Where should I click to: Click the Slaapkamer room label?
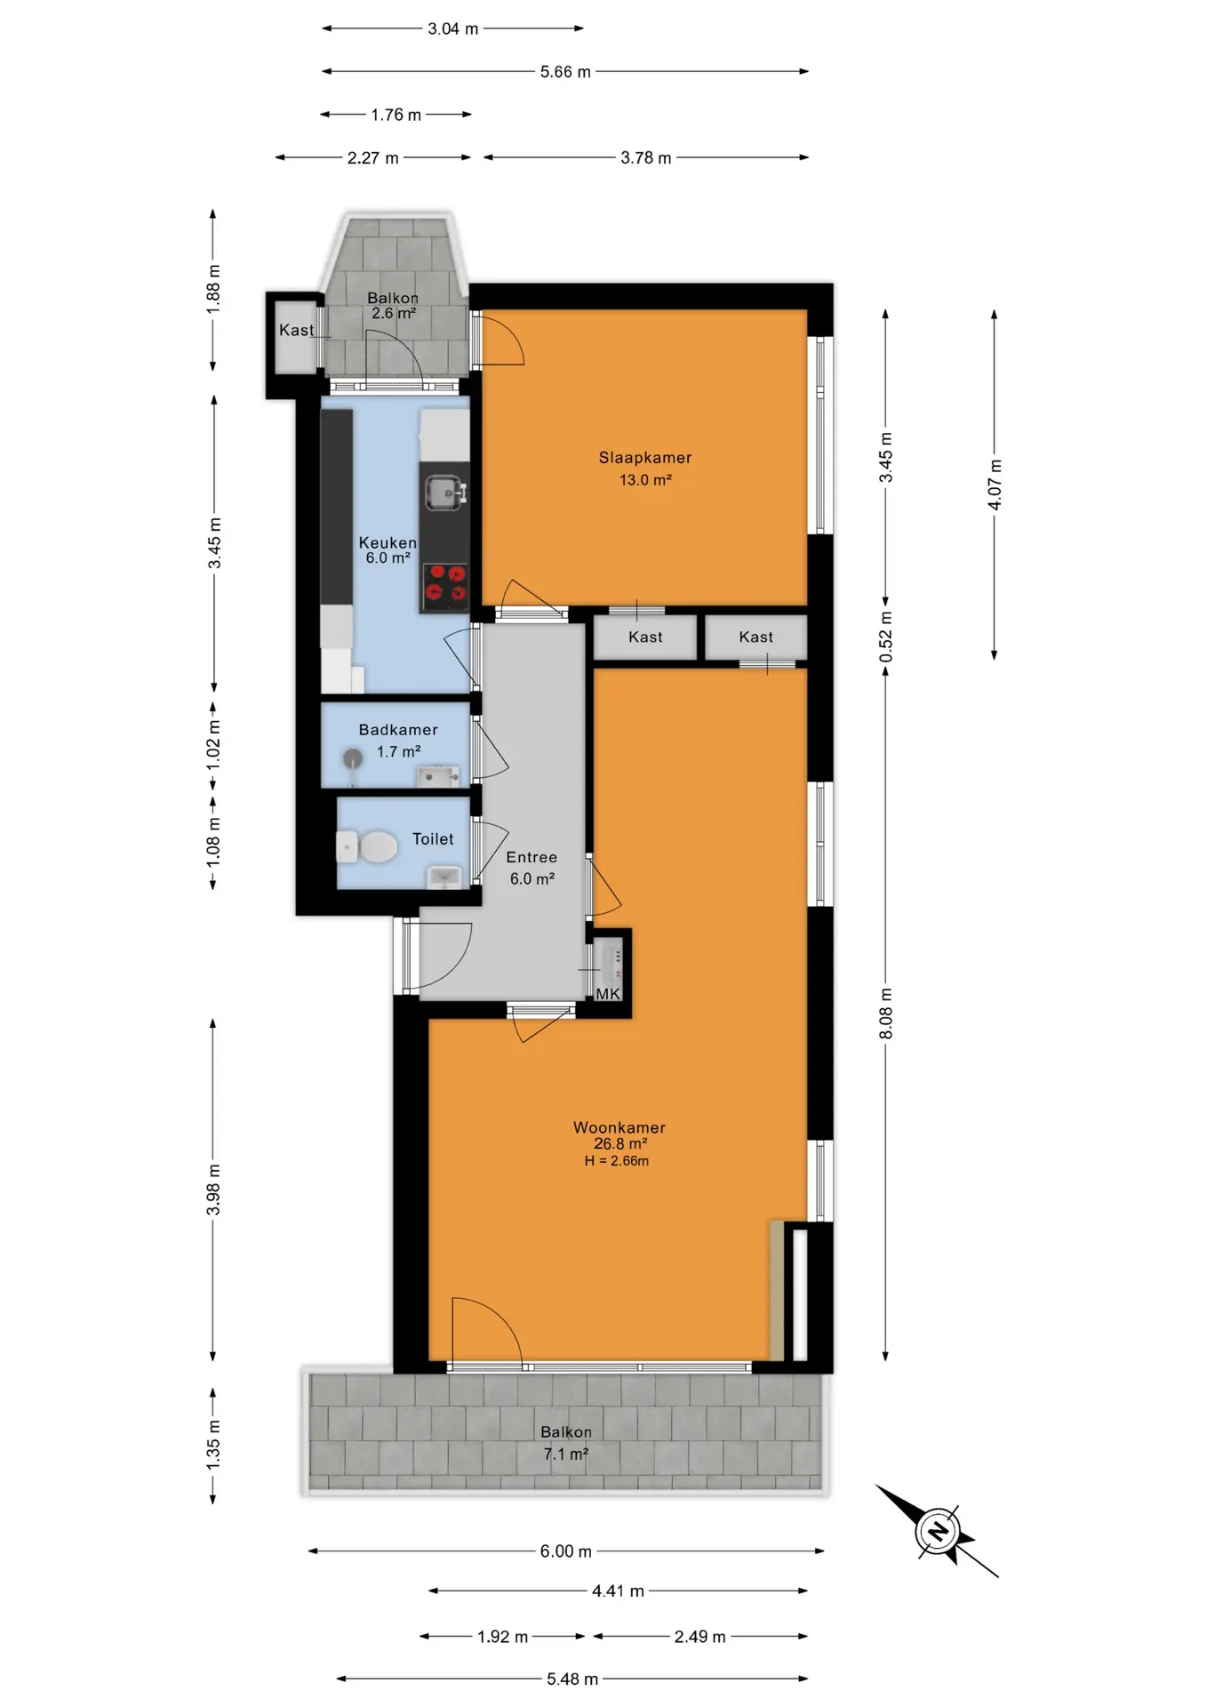pos(644,458)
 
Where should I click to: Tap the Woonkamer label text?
pos(619,1127)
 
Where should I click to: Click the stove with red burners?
pos(445,586)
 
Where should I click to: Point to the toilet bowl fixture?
pos(367,846)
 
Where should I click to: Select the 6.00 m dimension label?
pos(565,1551)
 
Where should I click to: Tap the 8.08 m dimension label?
pos(886,1014)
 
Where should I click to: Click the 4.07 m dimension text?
pos(995,485)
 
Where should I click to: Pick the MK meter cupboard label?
pos(608,994)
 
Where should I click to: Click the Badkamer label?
pos(398,730)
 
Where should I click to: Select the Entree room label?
pos(532,857)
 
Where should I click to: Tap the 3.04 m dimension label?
pos(452,28)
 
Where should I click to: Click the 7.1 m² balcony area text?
pos(565,1455)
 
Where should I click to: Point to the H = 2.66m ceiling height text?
pos(617,1161)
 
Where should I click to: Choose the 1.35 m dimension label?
pos(213,1445)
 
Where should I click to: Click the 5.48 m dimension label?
pos(572,1679)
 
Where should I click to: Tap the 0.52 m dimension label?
pos(886,637)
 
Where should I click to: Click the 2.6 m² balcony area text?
pos(393,314)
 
